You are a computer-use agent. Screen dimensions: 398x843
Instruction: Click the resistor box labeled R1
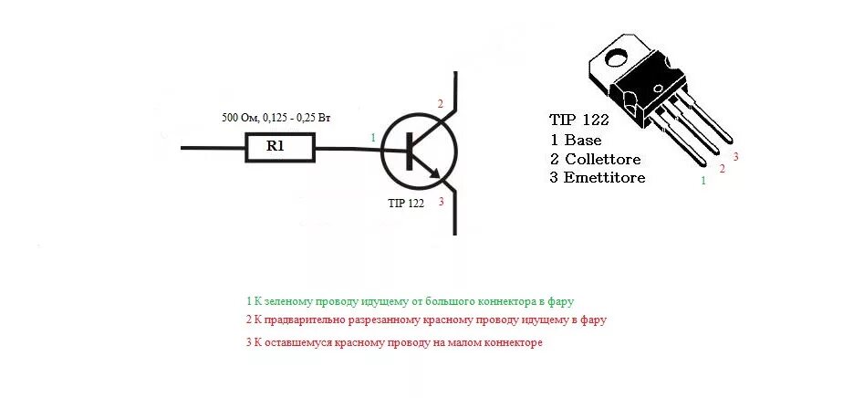[279, 147]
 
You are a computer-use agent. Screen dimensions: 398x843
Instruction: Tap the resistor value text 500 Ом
[242, 118]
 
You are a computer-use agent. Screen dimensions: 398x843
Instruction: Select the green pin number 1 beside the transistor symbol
[372, 137]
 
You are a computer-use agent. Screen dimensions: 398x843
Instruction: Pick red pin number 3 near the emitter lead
[441, 202]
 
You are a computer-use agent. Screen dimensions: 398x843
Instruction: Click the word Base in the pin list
[583, 141]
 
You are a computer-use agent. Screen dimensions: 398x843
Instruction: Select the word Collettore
[608, 159]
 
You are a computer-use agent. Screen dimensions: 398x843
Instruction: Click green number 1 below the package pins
[702, 182]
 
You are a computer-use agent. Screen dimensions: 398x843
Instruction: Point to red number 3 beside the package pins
[735, 157]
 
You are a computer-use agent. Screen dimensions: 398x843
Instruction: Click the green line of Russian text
[410, 300]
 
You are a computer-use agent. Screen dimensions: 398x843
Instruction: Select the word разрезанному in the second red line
[393, 320]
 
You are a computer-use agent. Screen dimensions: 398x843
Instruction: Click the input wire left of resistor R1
[213, 147]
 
